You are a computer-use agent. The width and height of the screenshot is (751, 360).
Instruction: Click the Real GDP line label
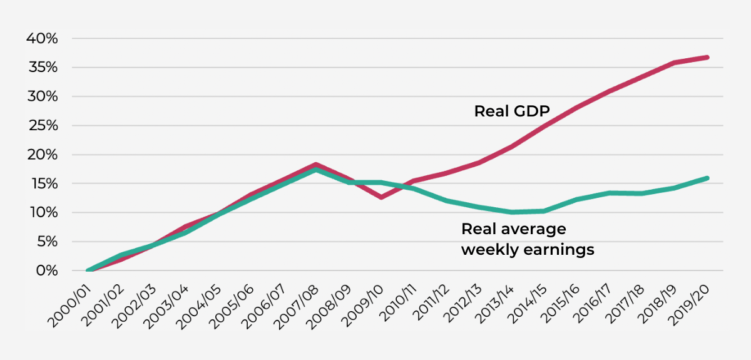(x=512, y=111)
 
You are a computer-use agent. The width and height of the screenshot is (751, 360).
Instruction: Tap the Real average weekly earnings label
(x=527, y=239)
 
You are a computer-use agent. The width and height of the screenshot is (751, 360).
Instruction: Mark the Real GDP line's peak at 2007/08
(x=316, y=165)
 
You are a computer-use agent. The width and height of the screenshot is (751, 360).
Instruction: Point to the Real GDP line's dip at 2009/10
(x=381, y=197)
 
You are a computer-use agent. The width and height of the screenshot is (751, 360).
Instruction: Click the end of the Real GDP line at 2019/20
(x=707, y=58)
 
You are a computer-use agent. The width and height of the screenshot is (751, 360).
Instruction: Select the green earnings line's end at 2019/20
(x=707, y=178)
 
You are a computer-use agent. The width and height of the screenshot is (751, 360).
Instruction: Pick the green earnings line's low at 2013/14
(x=512, y=212)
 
